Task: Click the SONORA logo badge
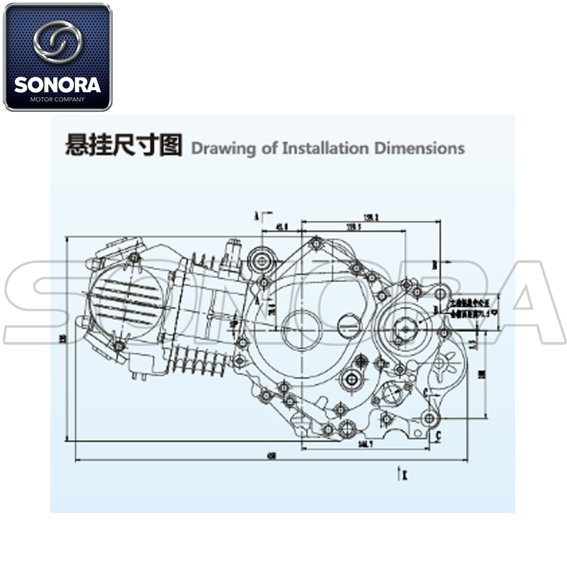pos(57,57)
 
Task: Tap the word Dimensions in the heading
pos(420,148)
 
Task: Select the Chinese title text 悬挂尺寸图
pos(123,145)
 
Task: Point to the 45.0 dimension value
pos(281,227)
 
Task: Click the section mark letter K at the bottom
pos(403,474)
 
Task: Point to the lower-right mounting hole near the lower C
pos(429,418)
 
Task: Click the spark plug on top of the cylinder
pos(231,256)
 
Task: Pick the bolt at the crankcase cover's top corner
pos(316,244)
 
